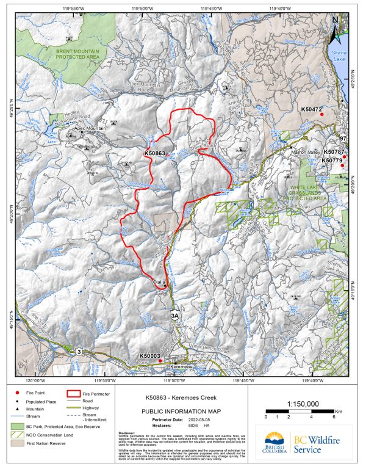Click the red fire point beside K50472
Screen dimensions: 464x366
pyautogui.click(x=321, y=114)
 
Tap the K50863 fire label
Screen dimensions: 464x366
pyautogui.click(x=155, y=153)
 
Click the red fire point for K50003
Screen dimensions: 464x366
pyautogui.click(x=160, y=361)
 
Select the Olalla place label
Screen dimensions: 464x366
pyautogui.click(x=159, y=282)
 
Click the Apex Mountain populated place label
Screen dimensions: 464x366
pyautogui.click(x=90, y=129)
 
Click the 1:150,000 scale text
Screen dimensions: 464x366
pyautogui.click(x=303, y=404)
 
